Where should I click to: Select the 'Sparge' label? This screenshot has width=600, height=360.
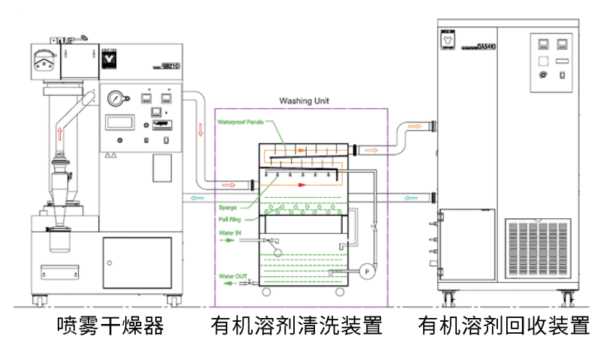click(x=227, y=207)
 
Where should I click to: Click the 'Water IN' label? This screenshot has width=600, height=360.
click(x=230, y=233)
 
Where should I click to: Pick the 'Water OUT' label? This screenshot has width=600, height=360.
click(x=232, y=276)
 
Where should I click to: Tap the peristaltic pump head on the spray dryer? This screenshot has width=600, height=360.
click(x=44, y=57)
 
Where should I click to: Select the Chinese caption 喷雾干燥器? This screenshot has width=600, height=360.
click(x=111, y=326)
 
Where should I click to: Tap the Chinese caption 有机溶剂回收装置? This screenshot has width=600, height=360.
click(x=504, y=326)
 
